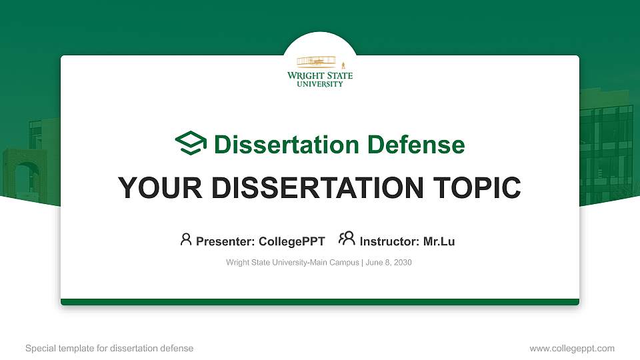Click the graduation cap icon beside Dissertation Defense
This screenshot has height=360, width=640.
coord(191,144)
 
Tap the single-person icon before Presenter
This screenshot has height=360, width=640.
coord(186,239)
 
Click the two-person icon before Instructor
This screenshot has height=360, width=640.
coord(347,239)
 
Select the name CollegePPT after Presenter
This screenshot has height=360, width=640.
coord(292,241)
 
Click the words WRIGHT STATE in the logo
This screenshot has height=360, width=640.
coord(320,76)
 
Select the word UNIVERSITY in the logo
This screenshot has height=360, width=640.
coord(320,84)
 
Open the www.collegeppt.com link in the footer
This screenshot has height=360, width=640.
coord(571,348)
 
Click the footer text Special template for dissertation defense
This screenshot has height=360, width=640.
coord(109,348)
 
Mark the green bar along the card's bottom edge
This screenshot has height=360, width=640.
coord(320,302)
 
